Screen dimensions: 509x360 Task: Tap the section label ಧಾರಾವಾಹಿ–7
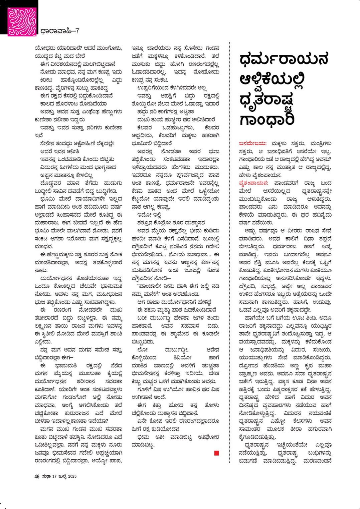point(59,31)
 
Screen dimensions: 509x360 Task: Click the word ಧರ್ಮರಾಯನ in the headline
point(284,59)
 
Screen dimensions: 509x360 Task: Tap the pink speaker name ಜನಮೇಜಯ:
point(252,144)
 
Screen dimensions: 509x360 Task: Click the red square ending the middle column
point(217,453)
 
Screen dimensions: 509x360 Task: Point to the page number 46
point(37,476)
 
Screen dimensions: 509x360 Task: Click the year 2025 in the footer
point(72,476)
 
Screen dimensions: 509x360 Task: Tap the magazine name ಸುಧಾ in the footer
point(46,476)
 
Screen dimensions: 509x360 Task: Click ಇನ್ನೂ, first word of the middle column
point(138,48)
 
